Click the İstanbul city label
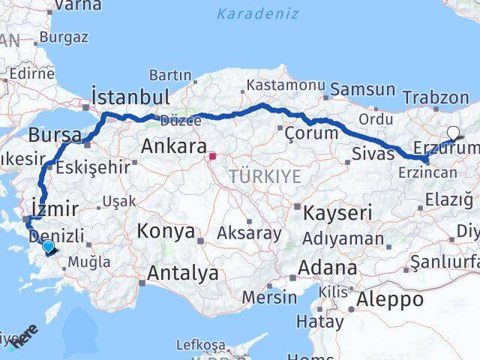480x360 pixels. click(130, 96)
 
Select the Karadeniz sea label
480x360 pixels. click(257, 13)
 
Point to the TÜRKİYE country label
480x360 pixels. click(265, 177)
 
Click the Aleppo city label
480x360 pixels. click(391, 300)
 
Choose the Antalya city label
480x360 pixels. click(183, 274)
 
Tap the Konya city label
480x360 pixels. click(165, 232)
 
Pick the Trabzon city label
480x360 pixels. click(435, 97)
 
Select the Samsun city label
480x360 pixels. click(362, 89)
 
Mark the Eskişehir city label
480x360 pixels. click(98, 167)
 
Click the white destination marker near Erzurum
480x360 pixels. click(453, 133)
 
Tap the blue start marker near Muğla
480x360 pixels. click(48, 246)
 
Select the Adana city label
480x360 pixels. click(327, 267)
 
